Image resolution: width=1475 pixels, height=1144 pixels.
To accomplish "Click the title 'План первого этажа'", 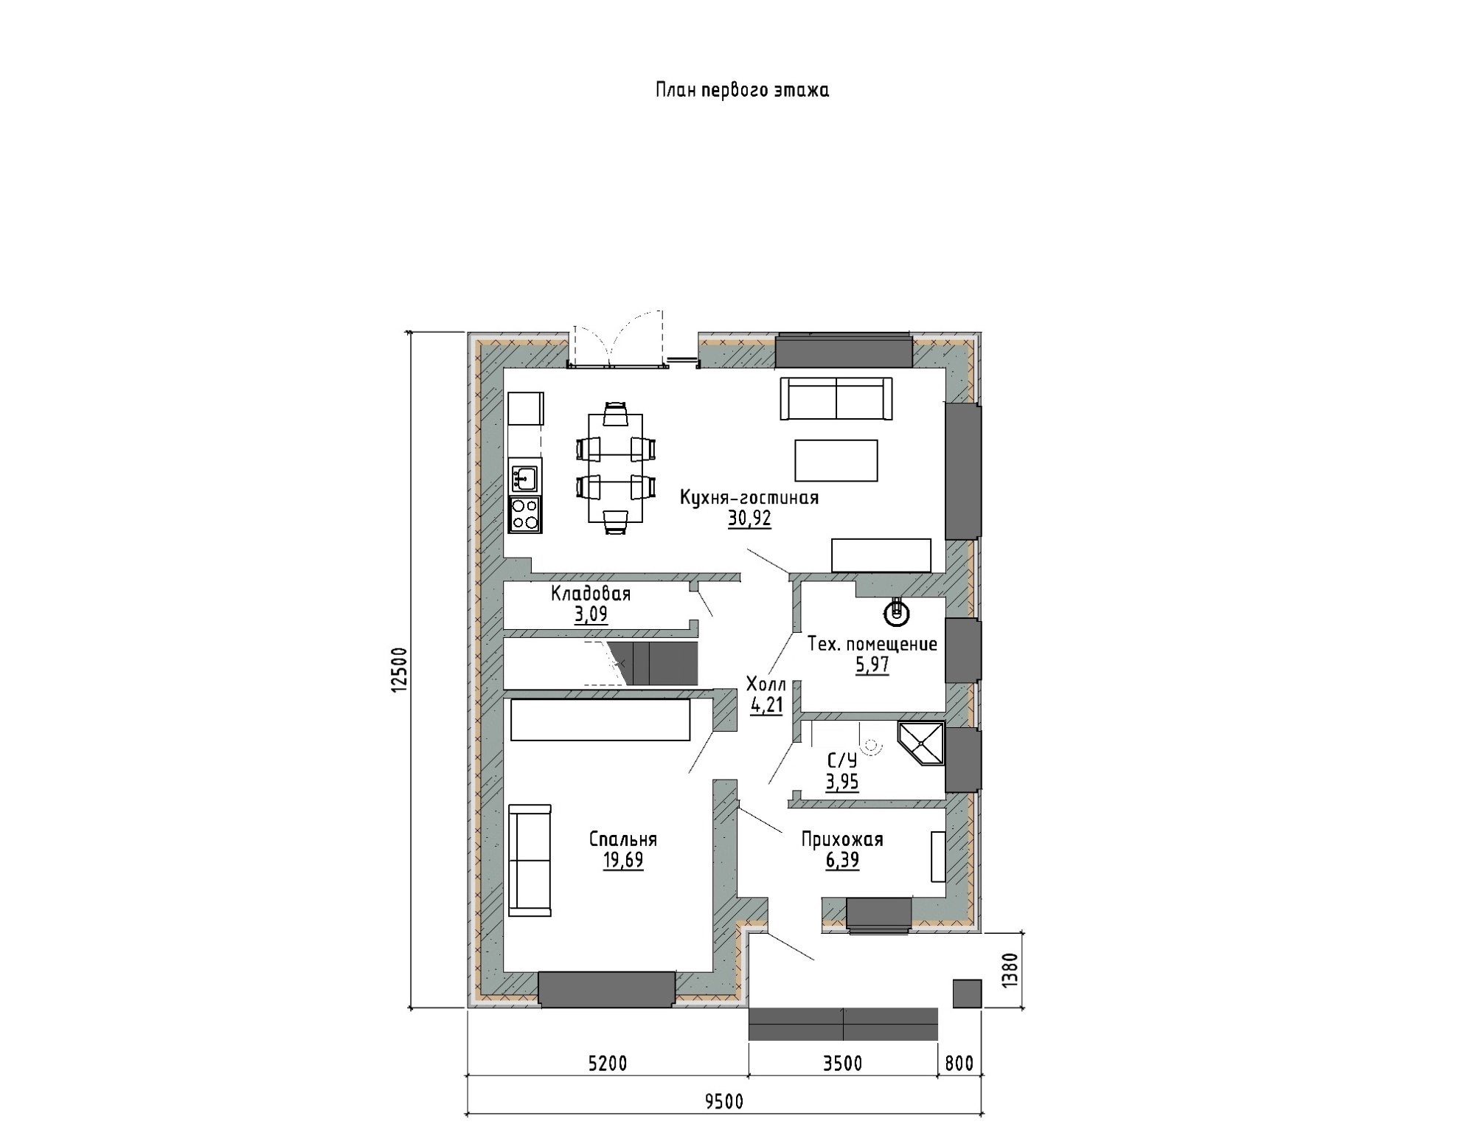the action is coord(742,90).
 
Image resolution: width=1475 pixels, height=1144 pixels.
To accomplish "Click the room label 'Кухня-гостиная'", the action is coord(749,498).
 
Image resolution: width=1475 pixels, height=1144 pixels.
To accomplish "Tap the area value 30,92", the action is coord(749,519).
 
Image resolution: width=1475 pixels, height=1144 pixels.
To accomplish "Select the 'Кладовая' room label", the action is coord(591,594).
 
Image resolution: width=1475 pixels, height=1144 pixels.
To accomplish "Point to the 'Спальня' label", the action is coord(623,839).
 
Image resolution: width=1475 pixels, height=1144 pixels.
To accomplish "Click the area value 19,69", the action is coord(623,861).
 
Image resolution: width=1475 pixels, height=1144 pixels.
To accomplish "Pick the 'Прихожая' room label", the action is coord(842,839).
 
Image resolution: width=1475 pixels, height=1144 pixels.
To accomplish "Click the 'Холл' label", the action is coord(766,683).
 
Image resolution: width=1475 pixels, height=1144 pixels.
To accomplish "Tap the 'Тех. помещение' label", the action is coord(872,644).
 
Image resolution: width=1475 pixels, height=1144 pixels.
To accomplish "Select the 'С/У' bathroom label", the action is coord(842,760).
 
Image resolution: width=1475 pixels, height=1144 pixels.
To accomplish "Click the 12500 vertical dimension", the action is coord(399,670).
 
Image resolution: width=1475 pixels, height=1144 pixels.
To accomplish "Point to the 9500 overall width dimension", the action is coord(724,1102).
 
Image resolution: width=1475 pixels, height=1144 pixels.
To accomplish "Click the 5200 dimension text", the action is coord(608,1064).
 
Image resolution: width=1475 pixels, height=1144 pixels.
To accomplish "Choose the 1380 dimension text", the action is coord(1010,971).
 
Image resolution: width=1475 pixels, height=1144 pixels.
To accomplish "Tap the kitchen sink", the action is coord(524,476).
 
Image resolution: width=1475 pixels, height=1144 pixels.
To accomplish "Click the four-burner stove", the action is coord(525,514).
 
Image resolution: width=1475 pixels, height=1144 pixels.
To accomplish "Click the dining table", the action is coord(615,468).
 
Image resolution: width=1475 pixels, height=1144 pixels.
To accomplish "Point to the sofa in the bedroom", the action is coord(530,861).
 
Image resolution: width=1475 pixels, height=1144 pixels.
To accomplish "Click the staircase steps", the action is coord(653,663).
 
